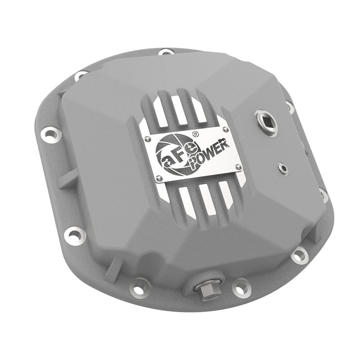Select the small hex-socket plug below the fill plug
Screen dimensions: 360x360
(x=283, y=168)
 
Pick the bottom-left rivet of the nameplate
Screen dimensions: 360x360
(x=158, y=179)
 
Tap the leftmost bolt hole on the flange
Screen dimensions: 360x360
(x=50, y=134)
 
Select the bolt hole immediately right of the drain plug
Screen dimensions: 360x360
(x=241, y=286)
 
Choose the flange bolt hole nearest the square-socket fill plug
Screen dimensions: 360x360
(x=290, y=106)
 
